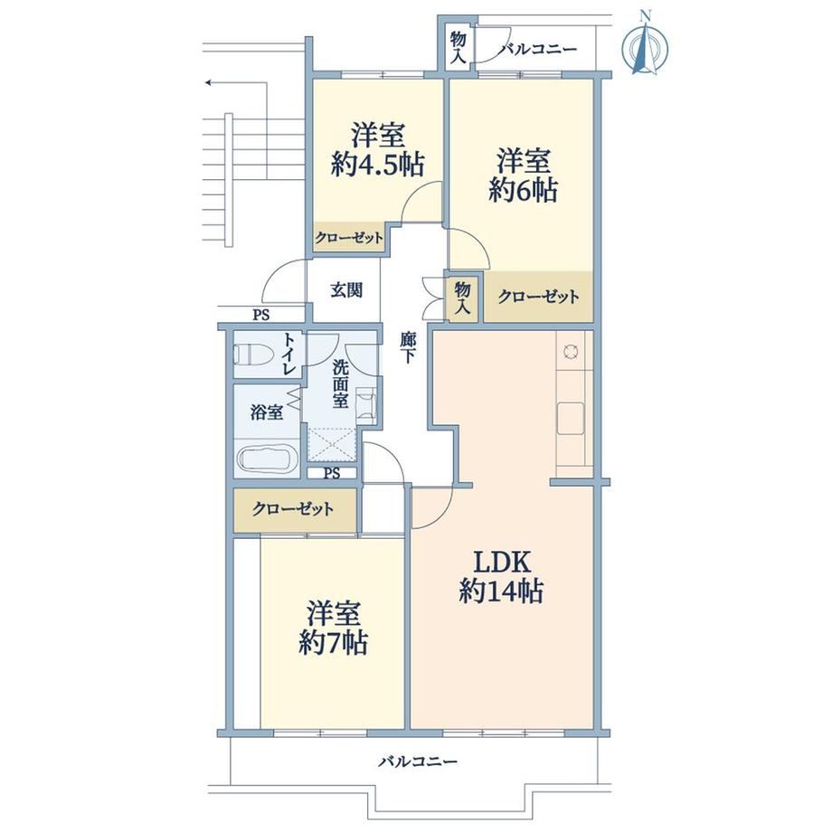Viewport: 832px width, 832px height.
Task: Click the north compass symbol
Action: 645,47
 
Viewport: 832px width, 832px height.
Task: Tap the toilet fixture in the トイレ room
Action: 253,354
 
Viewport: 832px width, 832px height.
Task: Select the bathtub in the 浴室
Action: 266,459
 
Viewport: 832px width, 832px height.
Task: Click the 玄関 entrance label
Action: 346,289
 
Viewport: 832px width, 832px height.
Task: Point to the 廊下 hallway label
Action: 408,347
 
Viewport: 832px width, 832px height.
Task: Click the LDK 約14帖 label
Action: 501,577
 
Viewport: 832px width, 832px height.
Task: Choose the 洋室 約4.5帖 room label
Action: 378,149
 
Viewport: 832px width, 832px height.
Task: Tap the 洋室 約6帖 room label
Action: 524,175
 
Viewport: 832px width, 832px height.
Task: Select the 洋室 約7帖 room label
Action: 333,628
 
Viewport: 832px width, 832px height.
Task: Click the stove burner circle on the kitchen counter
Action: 572,351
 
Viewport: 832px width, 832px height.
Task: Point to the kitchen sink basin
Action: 571,419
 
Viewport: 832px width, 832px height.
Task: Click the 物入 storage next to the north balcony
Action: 458,48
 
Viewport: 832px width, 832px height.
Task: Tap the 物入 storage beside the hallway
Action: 463,298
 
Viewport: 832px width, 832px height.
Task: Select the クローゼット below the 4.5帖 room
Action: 348,238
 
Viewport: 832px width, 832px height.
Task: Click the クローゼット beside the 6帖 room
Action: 538,297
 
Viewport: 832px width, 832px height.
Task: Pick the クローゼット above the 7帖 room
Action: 294,510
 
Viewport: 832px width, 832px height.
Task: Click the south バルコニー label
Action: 418,762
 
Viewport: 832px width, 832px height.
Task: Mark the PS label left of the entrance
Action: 260,316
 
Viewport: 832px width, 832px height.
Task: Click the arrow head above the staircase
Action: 210,83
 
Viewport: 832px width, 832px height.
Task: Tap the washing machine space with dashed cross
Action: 331,445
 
